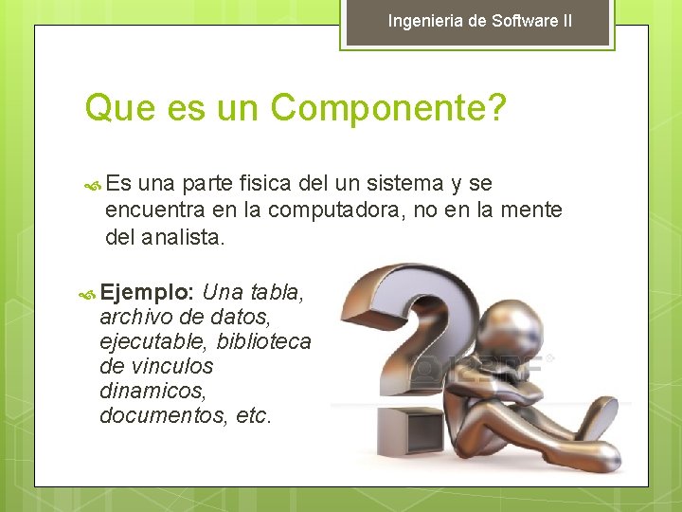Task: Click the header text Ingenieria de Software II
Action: pos(479,20)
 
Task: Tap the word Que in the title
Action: pos(114,108)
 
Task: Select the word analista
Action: pos(183,237)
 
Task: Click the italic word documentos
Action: pos(158,415)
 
